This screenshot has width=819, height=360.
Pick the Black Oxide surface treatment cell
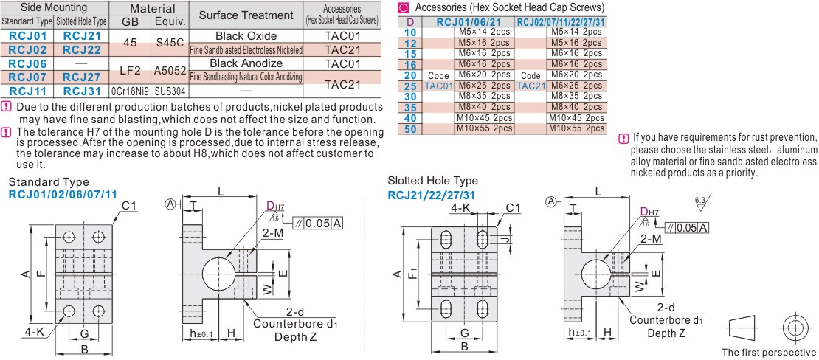(246, 35)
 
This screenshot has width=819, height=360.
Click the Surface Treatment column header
(246, 15)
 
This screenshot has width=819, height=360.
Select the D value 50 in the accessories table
(411, 128)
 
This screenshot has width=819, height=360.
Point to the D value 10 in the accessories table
(411, 32)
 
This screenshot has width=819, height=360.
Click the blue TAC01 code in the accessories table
(438, 86)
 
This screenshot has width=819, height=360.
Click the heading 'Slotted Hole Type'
(432, 181)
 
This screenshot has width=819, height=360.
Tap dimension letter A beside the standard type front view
(26, 274)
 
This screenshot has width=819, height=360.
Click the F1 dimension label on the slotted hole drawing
(414, 273)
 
